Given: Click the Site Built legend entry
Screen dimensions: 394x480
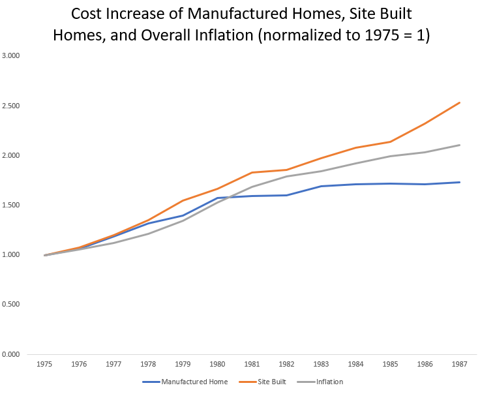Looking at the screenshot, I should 268,382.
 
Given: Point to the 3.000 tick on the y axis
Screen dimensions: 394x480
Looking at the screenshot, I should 11,56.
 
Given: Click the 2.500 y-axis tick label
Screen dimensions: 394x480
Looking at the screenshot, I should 11,106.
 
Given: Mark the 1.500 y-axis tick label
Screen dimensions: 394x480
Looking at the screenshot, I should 11,205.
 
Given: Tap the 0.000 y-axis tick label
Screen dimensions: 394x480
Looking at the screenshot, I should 11,354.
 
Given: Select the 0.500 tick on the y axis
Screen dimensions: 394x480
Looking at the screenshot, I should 11,305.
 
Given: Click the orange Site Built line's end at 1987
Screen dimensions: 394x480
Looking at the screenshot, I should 460,102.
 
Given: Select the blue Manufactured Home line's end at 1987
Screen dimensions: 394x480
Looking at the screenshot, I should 460,182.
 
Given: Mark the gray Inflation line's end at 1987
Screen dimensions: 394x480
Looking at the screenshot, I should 460,145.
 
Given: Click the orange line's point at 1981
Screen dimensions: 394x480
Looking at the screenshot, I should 252,172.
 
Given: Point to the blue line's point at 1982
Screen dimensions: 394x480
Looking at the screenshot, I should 287,195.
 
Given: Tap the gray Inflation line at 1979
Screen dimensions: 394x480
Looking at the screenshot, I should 183,220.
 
